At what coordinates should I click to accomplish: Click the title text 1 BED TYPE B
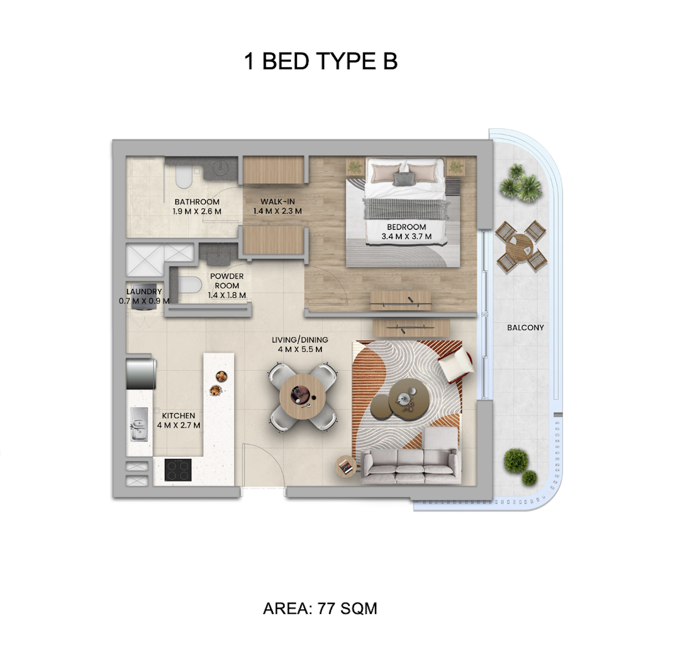320,61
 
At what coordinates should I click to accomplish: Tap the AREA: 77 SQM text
320,608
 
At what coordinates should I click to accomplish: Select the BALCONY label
525,327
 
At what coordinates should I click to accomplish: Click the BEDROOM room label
407,227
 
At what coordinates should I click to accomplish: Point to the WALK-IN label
278,202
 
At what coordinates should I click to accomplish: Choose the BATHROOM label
197,202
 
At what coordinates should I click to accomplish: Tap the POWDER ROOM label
227,281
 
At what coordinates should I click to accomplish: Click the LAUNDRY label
144,292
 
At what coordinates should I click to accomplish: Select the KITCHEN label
178,415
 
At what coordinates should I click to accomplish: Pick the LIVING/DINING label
300,340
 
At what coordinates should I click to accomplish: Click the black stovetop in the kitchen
177,470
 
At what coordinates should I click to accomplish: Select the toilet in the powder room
190,285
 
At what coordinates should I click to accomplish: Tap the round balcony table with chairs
521,246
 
